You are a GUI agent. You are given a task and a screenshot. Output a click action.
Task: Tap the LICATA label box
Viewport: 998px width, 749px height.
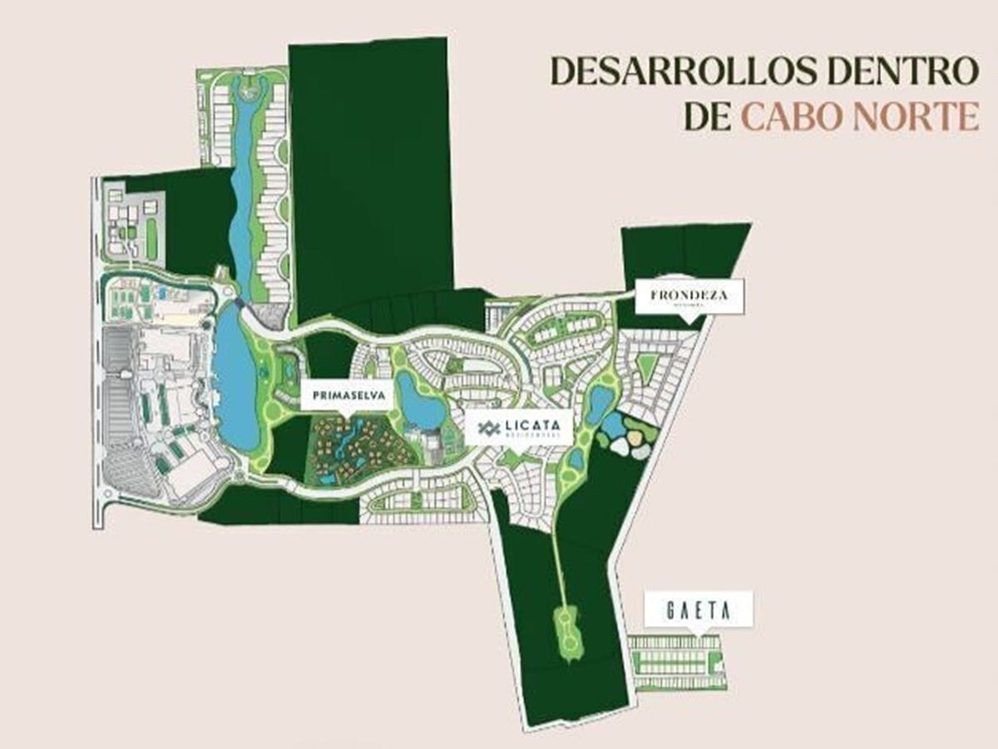(x=520, y=427)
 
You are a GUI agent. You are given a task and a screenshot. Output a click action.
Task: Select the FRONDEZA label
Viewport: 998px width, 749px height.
(x=689, y=296)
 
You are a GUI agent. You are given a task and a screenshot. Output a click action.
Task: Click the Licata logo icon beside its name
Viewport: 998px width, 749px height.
(x=488, y=428)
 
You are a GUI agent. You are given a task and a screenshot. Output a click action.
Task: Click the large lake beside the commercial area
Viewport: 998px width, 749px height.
(x=235, y=378)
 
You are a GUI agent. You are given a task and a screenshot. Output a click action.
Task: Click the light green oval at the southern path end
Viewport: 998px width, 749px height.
(x=567, y=632)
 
